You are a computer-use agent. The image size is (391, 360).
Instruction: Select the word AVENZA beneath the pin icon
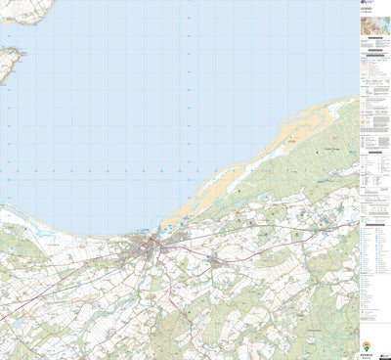click(367, 355)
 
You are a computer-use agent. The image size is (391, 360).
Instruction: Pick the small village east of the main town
click(217, 261)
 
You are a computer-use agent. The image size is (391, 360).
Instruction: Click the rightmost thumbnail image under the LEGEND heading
click(382, 30)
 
